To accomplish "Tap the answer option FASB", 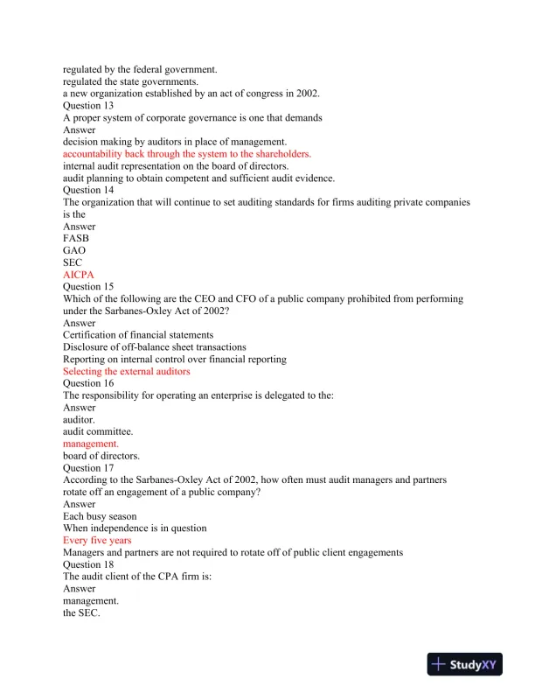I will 76,238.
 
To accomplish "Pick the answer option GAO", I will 74,250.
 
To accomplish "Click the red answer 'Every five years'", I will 97,540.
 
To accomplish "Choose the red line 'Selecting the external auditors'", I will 127,371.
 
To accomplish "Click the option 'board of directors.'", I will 101,456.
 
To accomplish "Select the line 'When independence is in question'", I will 135,528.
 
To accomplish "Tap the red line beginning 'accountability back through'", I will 187,153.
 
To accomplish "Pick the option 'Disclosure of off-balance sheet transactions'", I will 154,347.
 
